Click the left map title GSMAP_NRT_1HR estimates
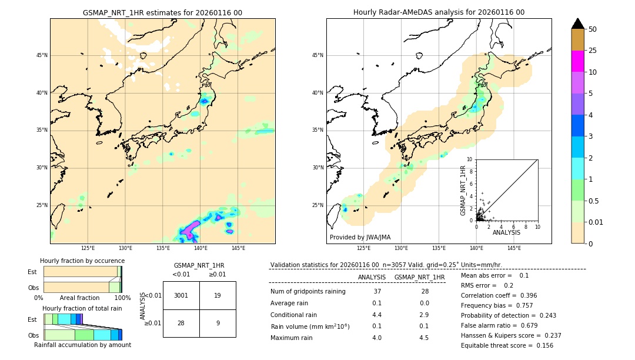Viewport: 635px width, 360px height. tap(162, 12)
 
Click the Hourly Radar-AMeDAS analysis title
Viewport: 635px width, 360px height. tap(439, 12)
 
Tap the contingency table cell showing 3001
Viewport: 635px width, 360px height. tap(181, 295)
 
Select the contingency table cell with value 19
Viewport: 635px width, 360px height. tap(218, 295)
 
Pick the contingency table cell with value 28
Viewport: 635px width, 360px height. tap(181, 322)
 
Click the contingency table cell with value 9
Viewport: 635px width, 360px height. tap(218, 322)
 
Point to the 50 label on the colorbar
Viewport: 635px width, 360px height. tap(593, 29)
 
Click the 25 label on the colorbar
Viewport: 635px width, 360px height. tap(593, 51)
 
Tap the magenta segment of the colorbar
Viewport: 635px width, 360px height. tap(577, 61)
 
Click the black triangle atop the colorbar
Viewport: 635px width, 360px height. tap(577, 24)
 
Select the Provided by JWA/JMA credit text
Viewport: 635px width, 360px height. tap(360, 238)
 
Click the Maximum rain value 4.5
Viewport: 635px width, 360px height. tap(424, 338)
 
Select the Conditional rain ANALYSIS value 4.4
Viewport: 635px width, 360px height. tap(377, 315)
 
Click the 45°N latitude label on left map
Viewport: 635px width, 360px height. tap(41, 55)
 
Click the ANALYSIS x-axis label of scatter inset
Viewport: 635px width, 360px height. tap(506, 233)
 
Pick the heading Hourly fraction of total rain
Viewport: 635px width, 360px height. tap(82, 308)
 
